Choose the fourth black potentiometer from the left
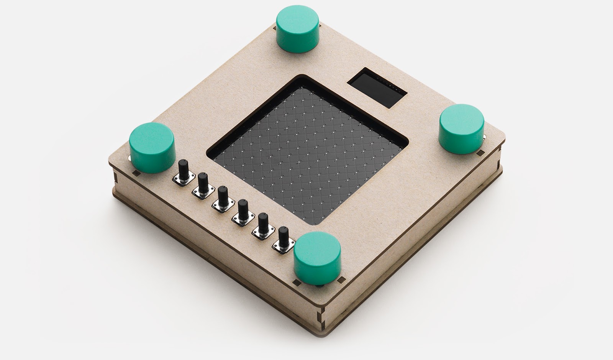click(x=243, y=210)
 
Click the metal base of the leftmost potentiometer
click(x=181, y=179)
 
